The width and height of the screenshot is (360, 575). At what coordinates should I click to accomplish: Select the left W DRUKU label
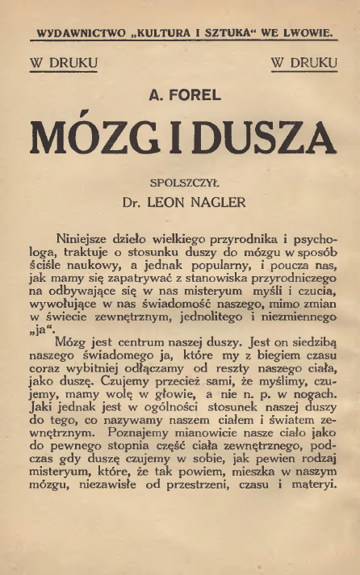coord(63,61)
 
